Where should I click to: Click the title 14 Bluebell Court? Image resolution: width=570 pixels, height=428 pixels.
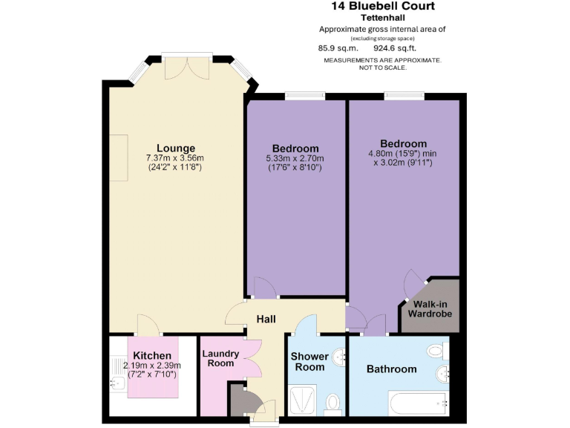tap(382, 6)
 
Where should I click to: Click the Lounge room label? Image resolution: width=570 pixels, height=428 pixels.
tap(175, 147)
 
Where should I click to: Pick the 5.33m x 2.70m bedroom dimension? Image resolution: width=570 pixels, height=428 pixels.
tap(295, 158)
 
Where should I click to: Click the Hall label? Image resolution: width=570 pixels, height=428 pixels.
tap(266, 320)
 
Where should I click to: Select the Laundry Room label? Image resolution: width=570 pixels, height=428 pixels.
tap(220, 358)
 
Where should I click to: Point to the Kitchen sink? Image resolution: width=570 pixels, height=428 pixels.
tap(117, 384)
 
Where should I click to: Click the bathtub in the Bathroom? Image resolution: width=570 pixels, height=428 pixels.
tap(419, 403)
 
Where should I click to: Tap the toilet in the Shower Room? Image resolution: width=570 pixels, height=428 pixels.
tap(332, 402)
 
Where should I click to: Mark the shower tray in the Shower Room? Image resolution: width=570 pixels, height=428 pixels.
tap(303, 400)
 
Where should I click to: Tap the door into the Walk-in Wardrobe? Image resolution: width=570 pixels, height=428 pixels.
tap(412, 285)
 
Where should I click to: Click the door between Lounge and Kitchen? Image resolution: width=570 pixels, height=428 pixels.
tap(148, 325)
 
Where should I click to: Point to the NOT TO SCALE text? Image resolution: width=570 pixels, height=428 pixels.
tap(382, 67)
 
